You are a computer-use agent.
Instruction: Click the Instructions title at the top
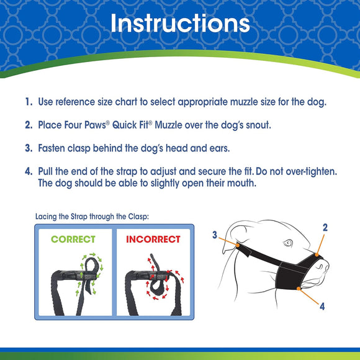tap(180, 24)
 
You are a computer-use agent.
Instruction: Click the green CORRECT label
tap(73, 239)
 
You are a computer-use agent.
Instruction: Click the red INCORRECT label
tap(153, 239)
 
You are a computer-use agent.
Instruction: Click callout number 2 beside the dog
tap(325, 228)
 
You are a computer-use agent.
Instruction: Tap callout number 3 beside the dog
tap(215, 235)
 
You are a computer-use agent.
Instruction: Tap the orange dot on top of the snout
tap(316, 254)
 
